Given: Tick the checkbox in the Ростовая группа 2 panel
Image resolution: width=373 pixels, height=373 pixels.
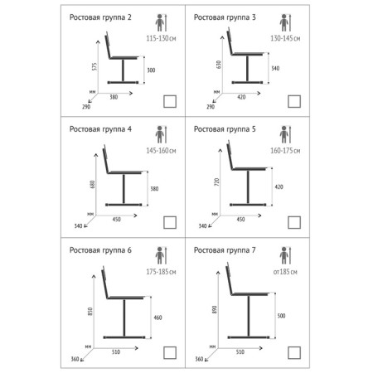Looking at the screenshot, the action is pyautogui.click(x=170, y=101).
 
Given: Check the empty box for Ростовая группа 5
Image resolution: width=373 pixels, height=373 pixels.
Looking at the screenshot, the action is pyautogui.click(x=294, y=222).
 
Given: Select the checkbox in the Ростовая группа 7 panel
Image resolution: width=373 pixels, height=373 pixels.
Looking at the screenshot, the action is pyautogui.click(x=294, y=352).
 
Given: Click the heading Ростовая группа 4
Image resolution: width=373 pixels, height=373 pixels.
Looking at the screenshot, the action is pyautogui.click(x=100, y=129).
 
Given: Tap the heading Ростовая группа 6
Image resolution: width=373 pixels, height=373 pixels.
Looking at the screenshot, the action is pyautogui.click(x=100, y=250).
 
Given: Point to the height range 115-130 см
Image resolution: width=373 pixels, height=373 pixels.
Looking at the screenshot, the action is pyautogui.click(x=161, y=38).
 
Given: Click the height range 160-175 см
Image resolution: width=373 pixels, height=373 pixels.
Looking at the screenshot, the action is pyautogui.click(x=285, y=151).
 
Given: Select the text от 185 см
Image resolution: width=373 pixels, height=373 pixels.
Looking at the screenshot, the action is pyautogui.click(x=285, y=272).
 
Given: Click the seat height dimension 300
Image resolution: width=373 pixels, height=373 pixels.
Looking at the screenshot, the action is pyautogui.click(x=151, y=70).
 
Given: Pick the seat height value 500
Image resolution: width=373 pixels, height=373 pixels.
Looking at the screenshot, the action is pyautogui.click(x=281, y=316).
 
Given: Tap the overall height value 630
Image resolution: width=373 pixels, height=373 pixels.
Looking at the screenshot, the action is pyautogui.click(x=219, y=65).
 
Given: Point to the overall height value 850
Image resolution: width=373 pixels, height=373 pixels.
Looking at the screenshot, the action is pyautogui.click(x=90, y=312).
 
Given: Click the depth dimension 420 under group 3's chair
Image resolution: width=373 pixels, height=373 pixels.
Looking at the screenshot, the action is pyautogui.click(x=241, y=97).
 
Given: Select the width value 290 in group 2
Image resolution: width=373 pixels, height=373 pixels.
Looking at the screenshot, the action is pyautogui.click(x=86, y=107).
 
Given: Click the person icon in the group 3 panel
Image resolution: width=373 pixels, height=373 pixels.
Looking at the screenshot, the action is pyautogui.click(x=283, y=22).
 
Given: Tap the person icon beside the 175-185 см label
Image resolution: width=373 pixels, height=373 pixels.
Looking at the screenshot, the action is pyautogui.click(x=159, y=255).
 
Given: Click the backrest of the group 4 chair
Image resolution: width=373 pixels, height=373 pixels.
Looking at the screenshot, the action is pyautogui.click(x=106, y=159).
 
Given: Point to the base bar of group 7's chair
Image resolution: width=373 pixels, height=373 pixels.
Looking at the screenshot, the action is pyautogui.click(x=248, y=337).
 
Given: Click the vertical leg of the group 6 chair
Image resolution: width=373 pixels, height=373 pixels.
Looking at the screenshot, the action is pyautogui.click(x=124, y=317).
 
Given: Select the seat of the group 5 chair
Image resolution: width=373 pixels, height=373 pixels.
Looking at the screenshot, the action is pyautogui.click(x=249, y=168).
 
